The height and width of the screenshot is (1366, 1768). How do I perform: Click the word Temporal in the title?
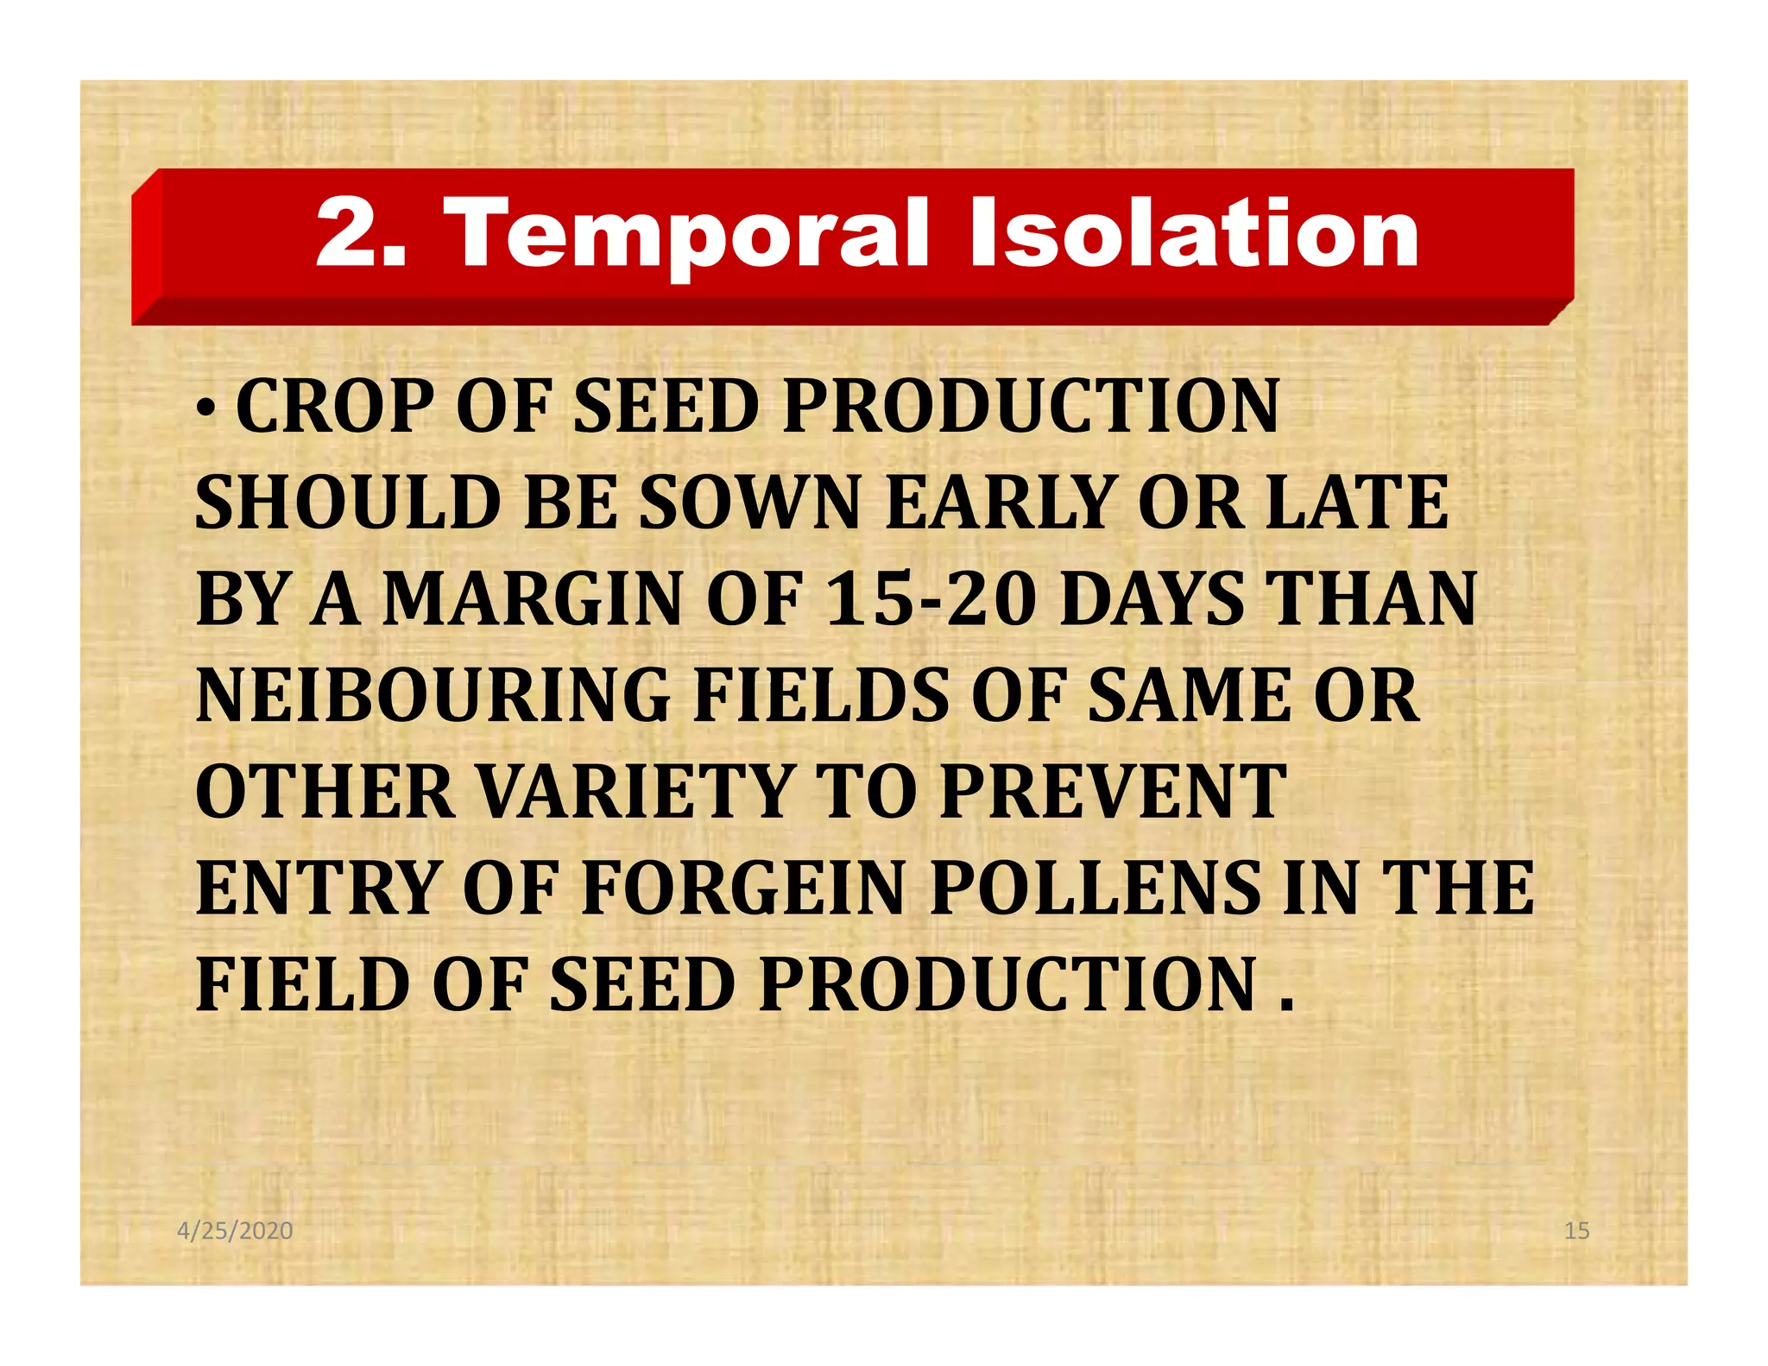pos(690,233)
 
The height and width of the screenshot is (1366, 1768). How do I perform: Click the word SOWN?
pos(750,503)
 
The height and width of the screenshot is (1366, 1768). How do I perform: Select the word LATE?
pos(1356,503)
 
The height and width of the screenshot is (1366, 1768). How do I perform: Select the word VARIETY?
pos(635,792)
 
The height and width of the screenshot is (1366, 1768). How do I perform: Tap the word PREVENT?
pos(1114,792)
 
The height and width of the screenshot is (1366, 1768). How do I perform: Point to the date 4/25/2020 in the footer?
pos(235,1230)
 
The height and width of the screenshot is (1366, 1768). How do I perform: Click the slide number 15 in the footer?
pos(1576,1230)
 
